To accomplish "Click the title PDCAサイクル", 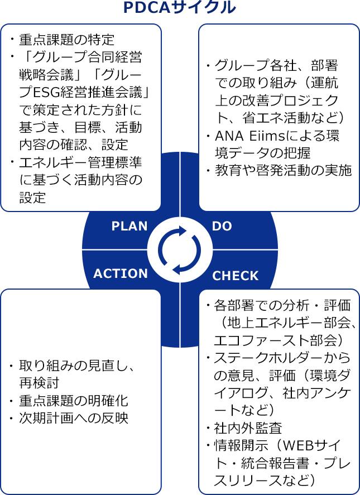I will [180, 8].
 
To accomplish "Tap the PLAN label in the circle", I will [129, 226].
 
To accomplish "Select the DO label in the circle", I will [222, 226].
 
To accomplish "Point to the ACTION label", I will [121, 273].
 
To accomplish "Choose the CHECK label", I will [236, 276].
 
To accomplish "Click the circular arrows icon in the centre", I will [180, 249].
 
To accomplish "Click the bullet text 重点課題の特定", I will [66, 40].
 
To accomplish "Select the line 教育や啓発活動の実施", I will [283, 170].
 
